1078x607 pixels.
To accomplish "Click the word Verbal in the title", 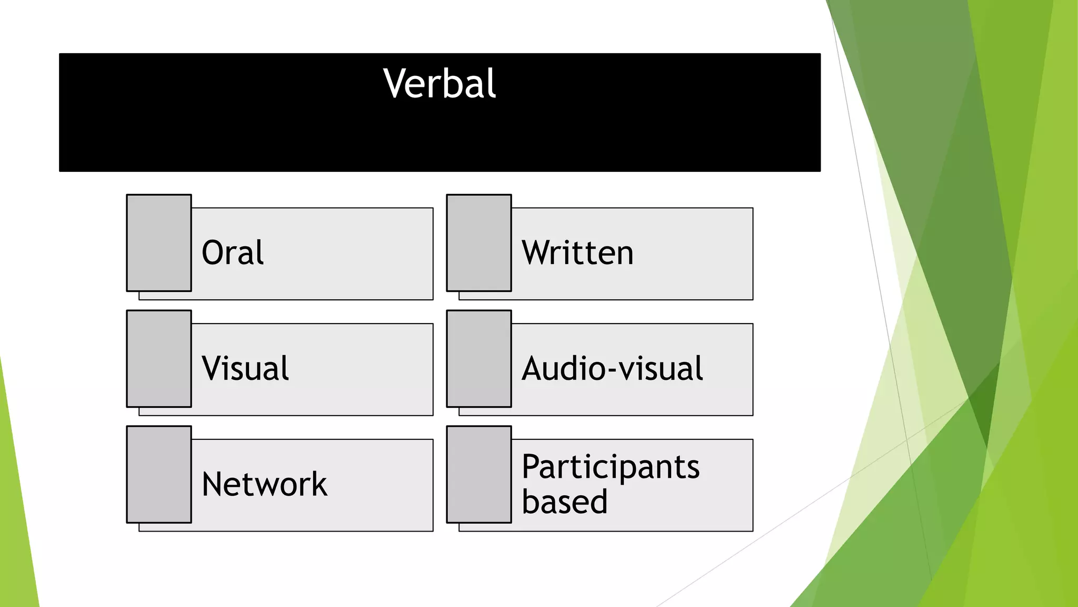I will pos(440,84).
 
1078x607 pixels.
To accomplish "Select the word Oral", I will pos(233,253).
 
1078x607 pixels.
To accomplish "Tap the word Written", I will pos(577,253).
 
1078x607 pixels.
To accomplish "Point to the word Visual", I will pos(245,368).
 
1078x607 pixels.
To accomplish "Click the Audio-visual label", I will pos(612,368).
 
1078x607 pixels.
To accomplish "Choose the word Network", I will pos(264,484).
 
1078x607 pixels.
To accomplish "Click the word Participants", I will pos(611,467).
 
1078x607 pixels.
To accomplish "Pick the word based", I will pos(564,501).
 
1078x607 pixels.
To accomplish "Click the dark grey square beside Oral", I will pos(159,243).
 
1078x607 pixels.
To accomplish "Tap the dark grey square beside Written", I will pos(479,243).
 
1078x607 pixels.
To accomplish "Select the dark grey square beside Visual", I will pos(159,359).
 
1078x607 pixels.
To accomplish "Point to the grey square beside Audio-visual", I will pos(479,359).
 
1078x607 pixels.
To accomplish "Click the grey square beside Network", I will pos(159,474).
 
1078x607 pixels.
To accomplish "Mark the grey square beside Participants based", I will pos(479,474).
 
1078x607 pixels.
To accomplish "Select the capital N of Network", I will pos(214,484).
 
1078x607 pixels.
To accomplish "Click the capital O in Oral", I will pos(213,253).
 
